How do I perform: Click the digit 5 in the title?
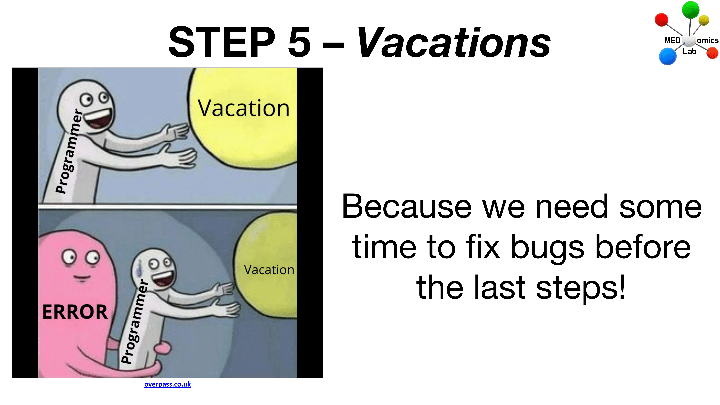coord(299,42)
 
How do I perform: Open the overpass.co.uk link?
coord(167,384)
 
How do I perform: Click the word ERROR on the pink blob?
coord(75,312)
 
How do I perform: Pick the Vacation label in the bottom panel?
coord(269,270)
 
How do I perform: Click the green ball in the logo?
coord(691,9)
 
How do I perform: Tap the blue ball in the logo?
coord(668,56)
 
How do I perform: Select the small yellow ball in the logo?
coord(704,20)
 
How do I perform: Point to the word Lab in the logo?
coord(689,51)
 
